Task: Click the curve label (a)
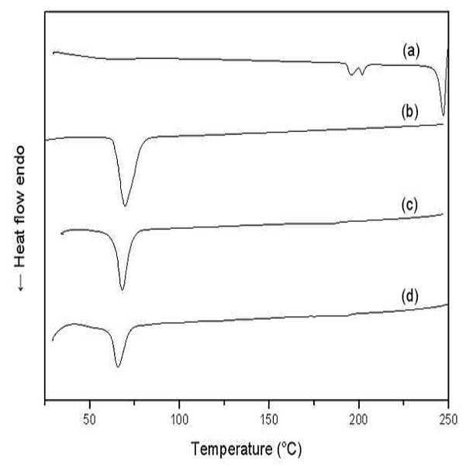411,51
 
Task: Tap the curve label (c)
409,205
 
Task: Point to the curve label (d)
410,296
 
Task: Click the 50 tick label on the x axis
89,420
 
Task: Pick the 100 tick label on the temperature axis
179,420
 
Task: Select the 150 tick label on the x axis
269,420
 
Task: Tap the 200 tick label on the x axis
359,420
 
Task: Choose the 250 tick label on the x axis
448,420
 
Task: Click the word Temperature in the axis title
232,449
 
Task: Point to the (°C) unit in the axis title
289,449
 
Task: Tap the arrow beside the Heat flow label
21,282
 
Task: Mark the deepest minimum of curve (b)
125,205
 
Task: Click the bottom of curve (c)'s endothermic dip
122,290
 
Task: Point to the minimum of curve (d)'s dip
118,367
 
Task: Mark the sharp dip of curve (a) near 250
444,116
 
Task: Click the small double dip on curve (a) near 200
357,71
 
